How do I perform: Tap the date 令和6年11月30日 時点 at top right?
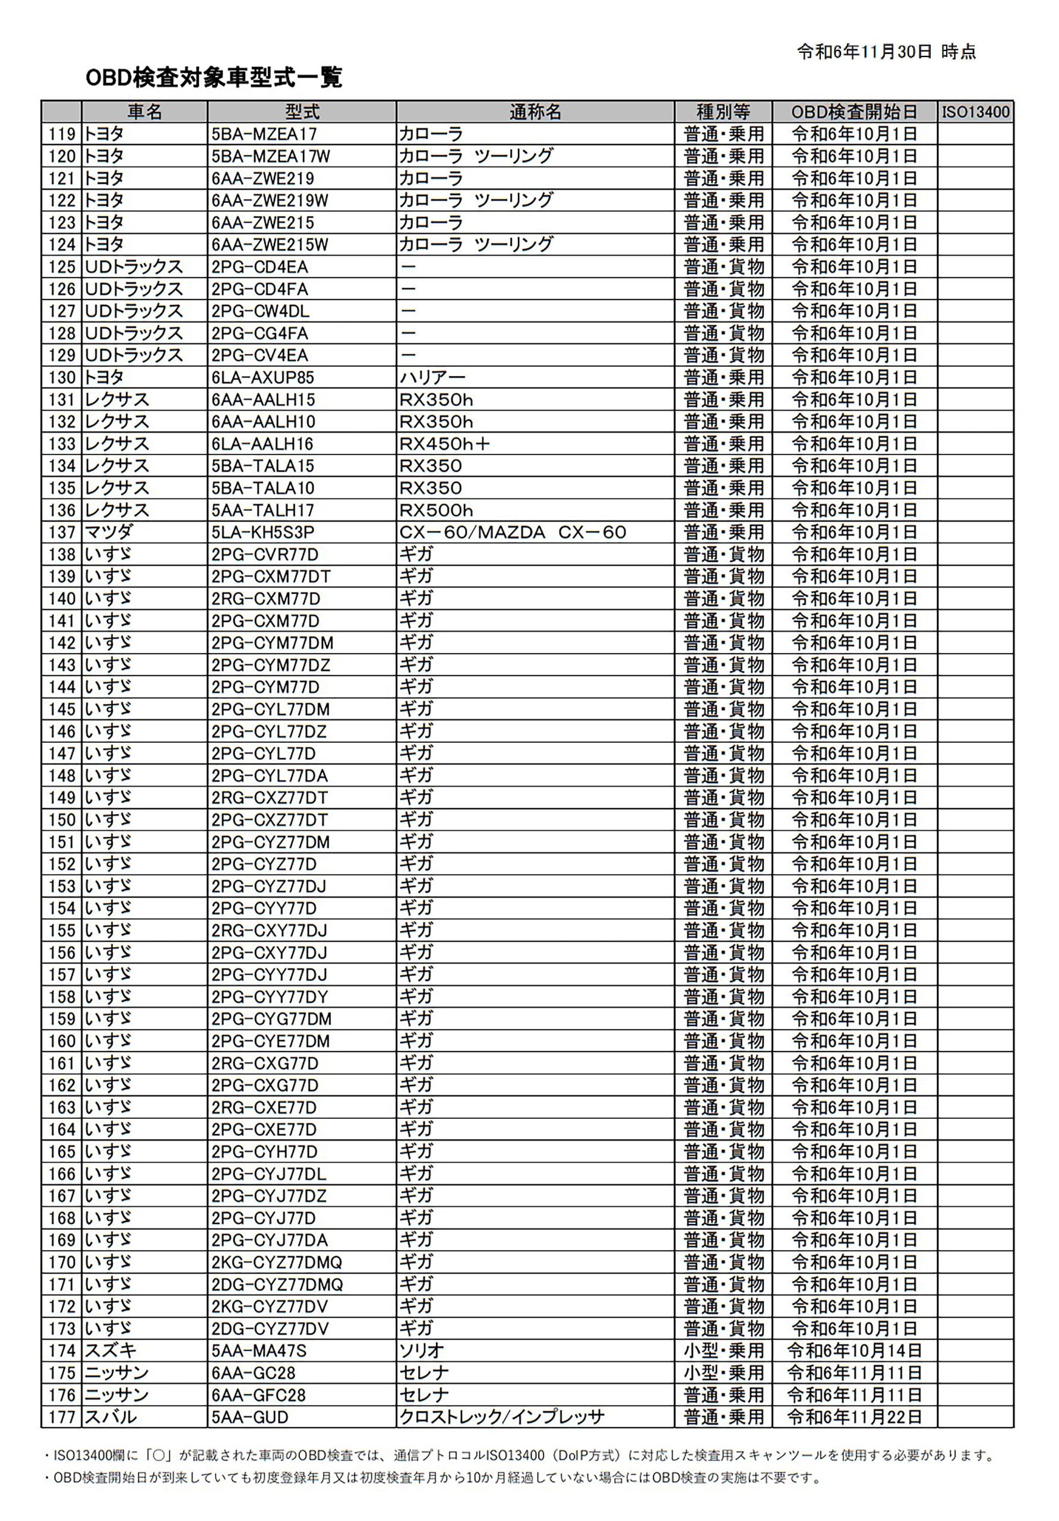pos(886,52)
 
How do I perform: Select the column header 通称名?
pos(535,112)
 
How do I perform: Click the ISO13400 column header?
pos(975,112)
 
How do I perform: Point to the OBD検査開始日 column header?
pos(854,112)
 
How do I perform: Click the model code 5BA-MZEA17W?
pos(270,156)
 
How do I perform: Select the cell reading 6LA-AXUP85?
pos(263,378)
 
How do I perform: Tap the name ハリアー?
pos(432,378)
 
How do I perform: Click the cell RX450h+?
pos(444,444)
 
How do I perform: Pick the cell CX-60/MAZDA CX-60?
pos(513,532)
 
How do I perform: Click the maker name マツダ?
pos(109,532)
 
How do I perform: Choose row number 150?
pos(62,820)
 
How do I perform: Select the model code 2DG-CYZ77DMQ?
pos(277,1285)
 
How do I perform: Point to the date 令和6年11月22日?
pos(854,1417)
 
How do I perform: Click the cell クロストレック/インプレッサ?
pos(501,1417)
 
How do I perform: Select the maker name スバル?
pos(110,1417)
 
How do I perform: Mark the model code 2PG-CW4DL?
pos(260,311)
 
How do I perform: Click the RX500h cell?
pos(436,510)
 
